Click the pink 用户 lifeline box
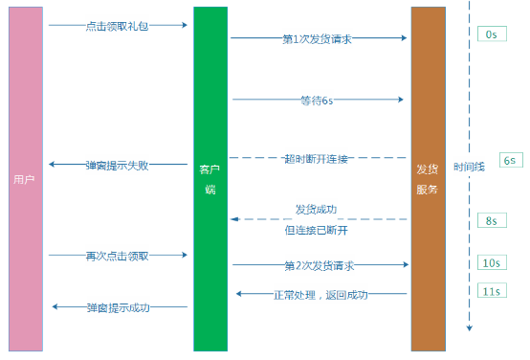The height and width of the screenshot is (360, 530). coord(26,179)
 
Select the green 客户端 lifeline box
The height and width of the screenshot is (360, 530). coord(210,179)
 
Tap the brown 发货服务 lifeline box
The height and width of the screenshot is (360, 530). coord(427,179)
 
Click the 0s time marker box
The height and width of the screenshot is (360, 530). coord(491,34)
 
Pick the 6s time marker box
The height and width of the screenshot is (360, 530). coord(509,160)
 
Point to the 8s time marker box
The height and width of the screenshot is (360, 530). coord(491,220)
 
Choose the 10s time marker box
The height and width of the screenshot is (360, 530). coord(491,262)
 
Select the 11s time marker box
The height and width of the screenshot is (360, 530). coord(491,290)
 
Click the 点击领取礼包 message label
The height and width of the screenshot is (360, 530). coord(116,25)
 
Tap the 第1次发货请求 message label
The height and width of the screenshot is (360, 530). coord(319,39)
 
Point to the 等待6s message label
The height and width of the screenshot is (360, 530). coord(317,100)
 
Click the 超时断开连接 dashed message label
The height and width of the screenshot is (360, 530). coord(318,158)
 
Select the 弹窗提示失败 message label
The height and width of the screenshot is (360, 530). coord(117,165)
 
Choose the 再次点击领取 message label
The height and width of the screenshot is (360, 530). coord(117,256)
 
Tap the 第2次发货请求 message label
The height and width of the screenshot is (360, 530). coord(319,264)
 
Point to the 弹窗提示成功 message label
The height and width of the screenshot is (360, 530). coord(117,307)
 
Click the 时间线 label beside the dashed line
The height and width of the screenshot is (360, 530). coord(470,165)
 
